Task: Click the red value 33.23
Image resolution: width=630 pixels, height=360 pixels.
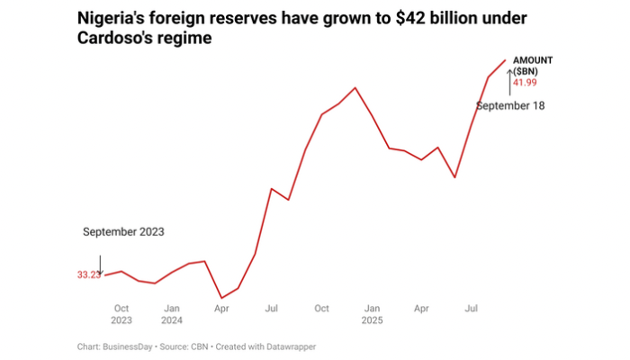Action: [x=88, y=275]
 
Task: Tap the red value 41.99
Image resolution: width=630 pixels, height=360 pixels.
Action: [x=525, y=83]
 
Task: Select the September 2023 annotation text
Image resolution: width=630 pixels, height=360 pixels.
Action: [x=123, y=232]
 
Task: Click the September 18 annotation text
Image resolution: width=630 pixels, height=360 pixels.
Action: [x=510, y=105]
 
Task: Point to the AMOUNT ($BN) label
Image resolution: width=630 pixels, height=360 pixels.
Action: [x=532, y=65]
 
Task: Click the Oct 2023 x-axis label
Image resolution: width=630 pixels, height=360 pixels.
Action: [x=121, y=314]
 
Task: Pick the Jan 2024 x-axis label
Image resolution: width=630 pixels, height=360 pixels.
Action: [x=172, y=314]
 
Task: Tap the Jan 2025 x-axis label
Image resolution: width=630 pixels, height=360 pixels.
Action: [x=372, y=314]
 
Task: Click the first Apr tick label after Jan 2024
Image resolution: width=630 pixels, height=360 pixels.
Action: [x=221, y=309]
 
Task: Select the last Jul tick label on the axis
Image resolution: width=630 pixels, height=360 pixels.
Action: [x=471, y=309]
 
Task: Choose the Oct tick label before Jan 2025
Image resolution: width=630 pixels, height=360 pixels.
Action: [x=321, y=309]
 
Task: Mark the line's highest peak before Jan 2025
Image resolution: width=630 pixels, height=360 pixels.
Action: [x=355, y=87]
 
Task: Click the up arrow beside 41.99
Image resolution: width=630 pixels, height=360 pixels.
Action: [x=508, y=79]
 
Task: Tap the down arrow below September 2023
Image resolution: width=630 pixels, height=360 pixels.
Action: [x=100, y=265]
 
